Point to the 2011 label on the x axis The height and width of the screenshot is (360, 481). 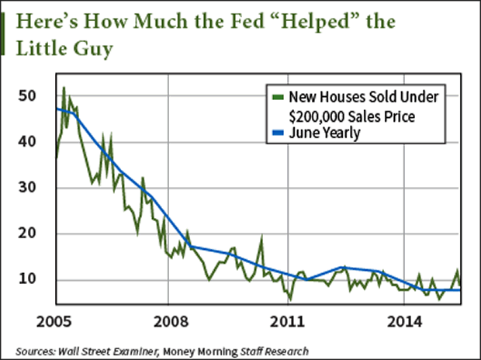click(288, 320)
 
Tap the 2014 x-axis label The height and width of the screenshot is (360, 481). click(404, 320)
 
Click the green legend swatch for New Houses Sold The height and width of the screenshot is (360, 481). click(277, 98)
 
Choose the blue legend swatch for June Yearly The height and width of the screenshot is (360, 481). click(277, 133)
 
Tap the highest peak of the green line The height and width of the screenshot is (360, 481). click(64, 88)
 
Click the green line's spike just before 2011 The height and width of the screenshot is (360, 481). click(261, 238)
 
